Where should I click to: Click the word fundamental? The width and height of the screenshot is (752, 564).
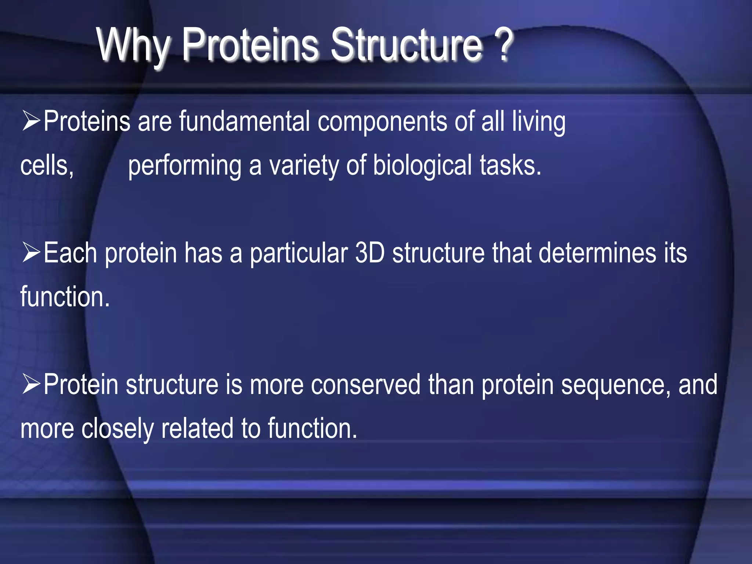point(244,121)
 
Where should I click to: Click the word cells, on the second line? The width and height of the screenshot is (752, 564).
point(47,166)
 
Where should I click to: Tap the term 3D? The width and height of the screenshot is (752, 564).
point(370,253)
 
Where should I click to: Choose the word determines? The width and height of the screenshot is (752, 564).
point(597,253)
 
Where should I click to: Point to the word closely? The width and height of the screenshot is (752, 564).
point(117,429)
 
